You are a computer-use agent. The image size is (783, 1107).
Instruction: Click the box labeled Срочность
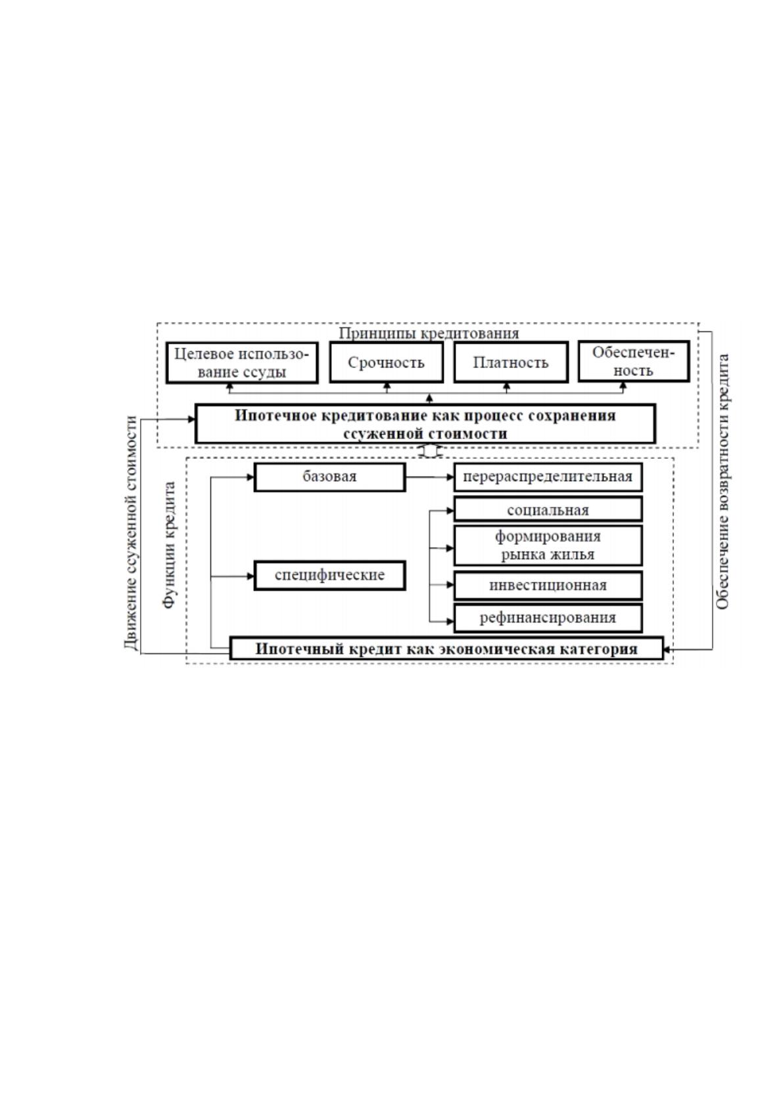(386, 362)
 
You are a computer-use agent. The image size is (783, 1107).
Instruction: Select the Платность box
(511, 362)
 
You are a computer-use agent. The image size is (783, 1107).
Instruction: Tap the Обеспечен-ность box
(633, 362)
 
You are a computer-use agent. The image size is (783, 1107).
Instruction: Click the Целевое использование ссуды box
(242, 363)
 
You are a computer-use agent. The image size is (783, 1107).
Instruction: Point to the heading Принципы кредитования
(429, 333)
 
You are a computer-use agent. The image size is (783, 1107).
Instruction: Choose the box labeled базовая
(330, 477)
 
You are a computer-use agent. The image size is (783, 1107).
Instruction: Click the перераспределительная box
(548, 477)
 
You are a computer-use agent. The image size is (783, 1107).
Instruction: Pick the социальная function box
(548, 509)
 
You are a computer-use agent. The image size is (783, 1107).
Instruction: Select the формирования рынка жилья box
(548, 545)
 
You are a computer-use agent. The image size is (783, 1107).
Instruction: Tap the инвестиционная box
(548, 585)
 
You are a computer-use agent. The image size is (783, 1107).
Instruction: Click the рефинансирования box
(548, 617)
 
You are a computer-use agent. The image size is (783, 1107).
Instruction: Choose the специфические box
(330, 575)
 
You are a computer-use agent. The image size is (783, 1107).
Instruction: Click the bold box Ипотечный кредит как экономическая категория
(446, 648)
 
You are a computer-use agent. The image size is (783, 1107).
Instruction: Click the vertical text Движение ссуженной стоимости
(130, 532)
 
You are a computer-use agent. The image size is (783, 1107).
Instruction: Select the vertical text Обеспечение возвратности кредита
(723, 481)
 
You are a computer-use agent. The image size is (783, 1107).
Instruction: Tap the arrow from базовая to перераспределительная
(429, 477)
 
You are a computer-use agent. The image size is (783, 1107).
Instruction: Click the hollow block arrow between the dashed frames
(430, 452)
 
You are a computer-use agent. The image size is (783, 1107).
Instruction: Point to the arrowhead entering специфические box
(250, 577)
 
